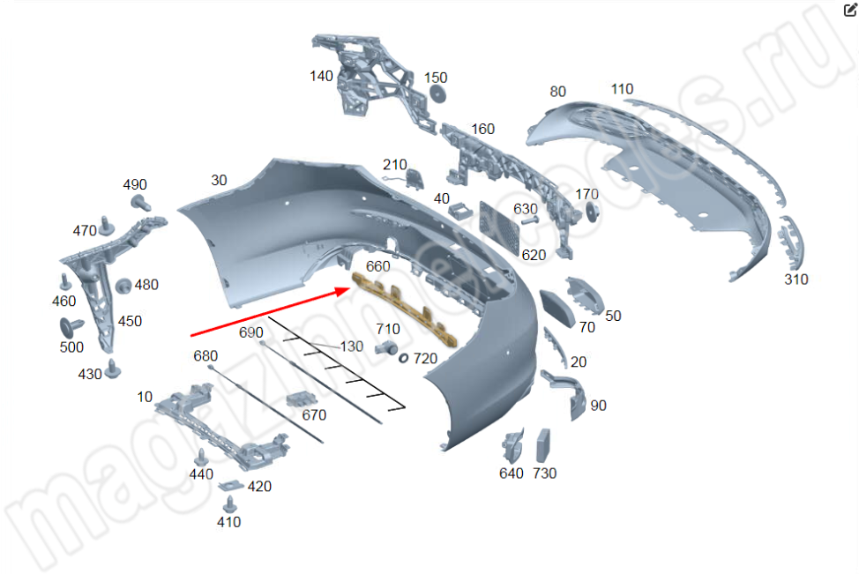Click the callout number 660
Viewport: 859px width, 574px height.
[x=378, y=267]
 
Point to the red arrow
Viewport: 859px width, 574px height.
[x=271, y=311]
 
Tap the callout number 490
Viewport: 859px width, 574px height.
[x=135, y=184]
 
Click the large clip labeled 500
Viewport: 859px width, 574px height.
[x=71, y=327]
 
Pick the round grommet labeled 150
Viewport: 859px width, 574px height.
[x=437, y=94]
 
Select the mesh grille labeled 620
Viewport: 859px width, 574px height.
[x=499, y=227]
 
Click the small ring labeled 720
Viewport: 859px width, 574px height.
[x=403, y=358]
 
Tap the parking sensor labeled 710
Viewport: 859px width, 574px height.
[x=386, y=347]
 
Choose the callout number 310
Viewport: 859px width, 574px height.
[x=796, y=280]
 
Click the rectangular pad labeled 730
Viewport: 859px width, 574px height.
[x=543, y=445]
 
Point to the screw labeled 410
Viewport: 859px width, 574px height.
[x=230, y=504]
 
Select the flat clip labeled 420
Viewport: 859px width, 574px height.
[x=231, y=485]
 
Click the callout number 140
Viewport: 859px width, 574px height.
[x=321, y=76]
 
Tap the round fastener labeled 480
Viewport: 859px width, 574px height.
[x=123, y=286]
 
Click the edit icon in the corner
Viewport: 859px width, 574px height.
[x=849, y=10]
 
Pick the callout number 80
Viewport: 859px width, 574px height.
[x=557, y=92]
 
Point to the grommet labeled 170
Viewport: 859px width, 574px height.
[x=592, y=212]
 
